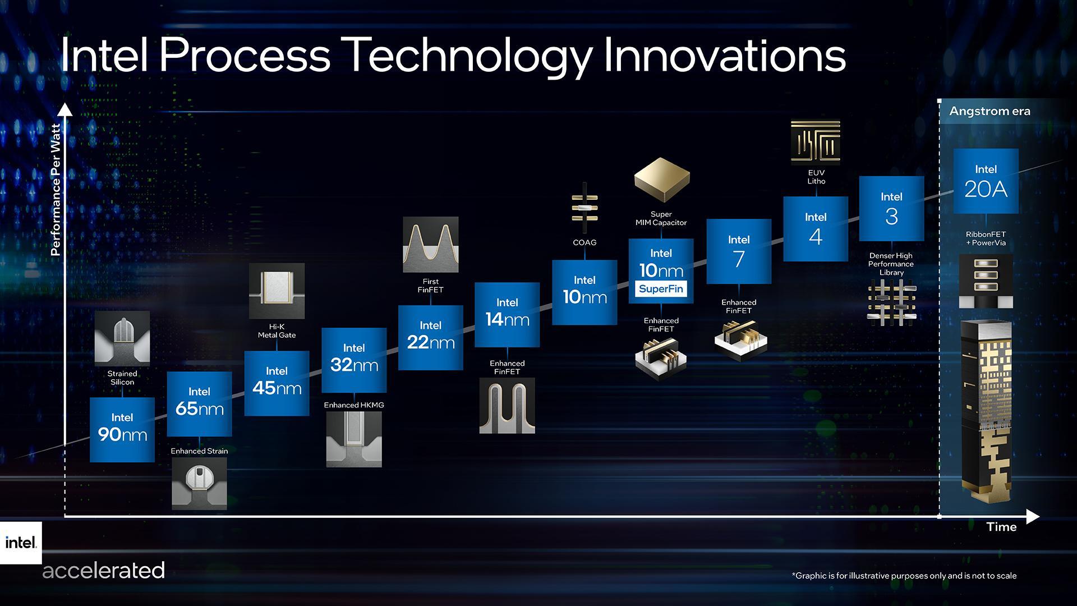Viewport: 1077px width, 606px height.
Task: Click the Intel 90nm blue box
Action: tap(122, 429)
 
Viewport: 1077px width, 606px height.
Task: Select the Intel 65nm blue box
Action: tap(199, 403)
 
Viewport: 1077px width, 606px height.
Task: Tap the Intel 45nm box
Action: tap(277, 383)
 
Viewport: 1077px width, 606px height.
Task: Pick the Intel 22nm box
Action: tap(430, 337)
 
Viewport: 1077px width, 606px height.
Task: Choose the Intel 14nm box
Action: tap(507, 314)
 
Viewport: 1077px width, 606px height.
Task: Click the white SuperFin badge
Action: tap(661, 289)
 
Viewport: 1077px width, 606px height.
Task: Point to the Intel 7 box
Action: tap(739, 251)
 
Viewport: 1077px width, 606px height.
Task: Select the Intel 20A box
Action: tap(986, 181)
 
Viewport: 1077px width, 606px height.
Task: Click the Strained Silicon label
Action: tap(122, 378)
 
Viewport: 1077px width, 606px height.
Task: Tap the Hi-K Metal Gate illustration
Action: tap(277, 291)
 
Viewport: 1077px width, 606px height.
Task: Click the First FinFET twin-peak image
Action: tap(430, 244)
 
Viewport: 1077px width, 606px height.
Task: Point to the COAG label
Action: tap(584, 242)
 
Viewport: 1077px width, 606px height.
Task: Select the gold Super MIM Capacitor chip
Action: tap(661, 180)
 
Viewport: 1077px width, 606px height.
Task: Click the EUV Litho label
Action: tap(816, 177)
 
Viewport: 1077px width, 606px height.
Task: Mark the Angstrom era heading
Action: tap(989, 111)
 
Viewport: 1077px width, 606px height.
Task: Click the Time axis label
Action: tap(1001, 527)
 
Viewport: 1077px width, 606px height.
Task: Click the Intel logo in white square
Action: tap(21, 543)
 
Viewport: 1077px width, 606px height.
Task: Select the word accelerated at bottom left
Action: tap(103, 571)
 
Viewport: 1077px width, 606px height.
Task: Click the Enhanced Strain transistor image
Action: tap(199, 483)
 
